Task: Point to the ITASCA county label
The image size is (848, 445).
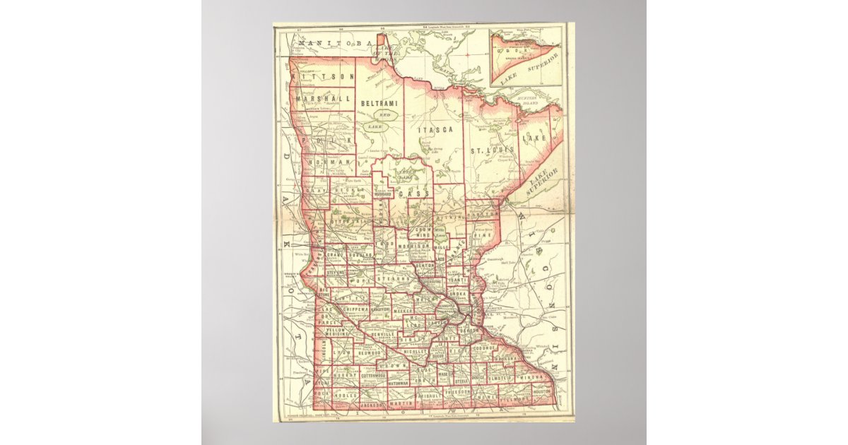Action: pyautogui.click(x=431, y=131)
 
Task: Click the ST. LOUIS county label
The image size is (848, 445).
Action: pyautogui.click(x=493, y=150)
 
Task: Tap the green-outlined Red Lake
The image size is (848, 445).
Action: pyautogui.click(x=385, y=114)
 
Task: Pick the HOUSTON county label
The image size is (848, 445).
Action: pyautogui.click(x=543, y=391)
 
